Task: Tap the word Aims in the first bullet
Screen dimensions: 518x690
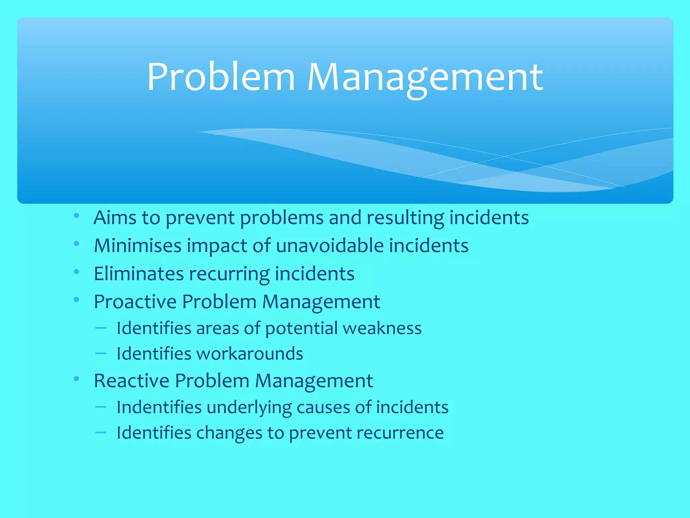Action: point(115,218)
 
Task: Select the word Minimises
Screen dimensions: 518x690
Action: point(138,246)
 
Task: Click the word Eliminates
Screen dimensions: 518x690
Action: point(138,274)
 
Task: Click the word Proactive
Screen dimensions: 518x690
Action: point(135,301)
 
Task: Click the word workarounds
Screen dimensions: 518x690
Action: point(250,354)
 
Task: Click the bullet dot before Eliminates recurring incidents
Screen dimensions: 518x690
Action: point(76,271)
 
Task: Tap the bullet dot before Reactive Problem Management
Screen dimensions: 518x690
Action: point(76,379)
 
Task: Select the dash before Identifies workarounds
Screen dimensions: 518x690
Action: point(101,353)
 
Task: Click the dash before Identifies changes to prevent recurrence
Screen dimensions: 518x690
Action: point(101,432)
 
